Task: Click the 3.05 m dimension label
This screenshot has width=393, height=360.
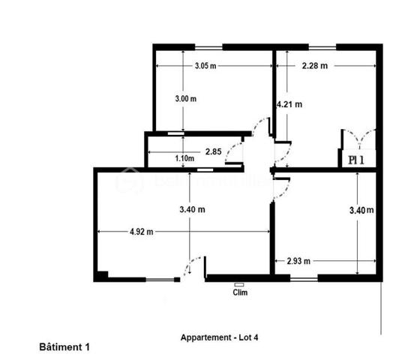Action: click(x=205, y=66)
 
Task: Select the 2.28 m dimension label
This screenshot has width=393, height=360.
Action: click(x=314, y=66)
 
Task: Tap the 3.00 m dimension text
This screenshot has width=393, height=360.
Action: click(x=185, y=99)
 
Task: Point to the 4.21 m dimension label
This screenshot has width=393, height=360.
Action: click(x=289, y=105)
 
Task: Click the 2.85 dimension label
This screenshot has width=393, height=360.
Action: click(x=213, y=151)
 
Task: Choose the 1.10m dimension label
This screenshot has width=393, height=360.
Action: click(x=184, y=158)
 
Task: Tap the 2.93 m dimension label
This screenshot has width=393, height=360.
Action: click(x=299, y=261)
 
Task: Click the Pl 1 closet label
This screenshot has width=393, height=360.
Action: click(x=356, y=159)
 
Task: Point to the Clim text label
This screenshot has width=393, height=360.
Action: click(x=241, y=293)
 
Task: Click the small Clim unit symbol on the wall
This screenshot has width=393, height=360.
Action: click(x=240, y=284)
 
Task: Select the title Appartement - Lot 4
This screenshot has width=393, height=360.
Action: click(x=219, y=337)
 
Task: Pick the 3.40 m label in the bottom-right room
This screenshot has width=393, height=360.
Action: click(x=361, y=211)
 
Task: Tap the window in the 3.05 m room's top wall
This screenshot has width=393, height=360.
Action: click(x=211, y=47)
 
